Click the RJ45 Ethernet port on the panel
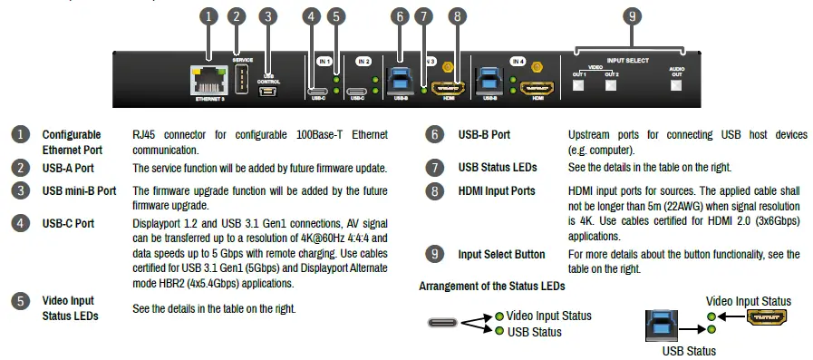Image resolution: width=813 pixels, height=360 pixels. [208, 80]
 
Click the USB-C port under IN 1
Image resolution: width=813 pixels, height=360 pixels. [318, 91]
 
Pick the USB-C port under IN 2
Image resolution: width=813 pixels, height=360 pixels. [357, 91]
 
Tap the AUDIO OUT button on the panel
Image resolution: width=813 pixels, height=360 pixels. [676, 86]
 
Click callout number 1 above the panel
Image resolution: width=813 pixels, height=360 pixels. [208, 15]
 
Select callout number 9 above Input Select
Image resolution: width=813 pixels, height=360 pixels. [633, 15]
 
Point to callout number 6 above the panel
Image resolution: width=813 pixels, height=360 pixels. [400, 15]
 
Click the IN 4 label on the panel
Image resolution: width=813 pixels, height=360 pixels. [517, 61]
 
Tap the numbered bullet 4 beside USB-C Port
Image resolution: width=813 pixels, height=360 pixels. [18, 222]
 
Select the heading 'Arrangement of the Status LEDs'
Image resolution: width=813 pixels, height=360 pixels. [492, 286]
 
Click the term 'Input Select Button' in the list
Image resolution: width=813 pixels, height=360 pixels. [502, 254]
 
